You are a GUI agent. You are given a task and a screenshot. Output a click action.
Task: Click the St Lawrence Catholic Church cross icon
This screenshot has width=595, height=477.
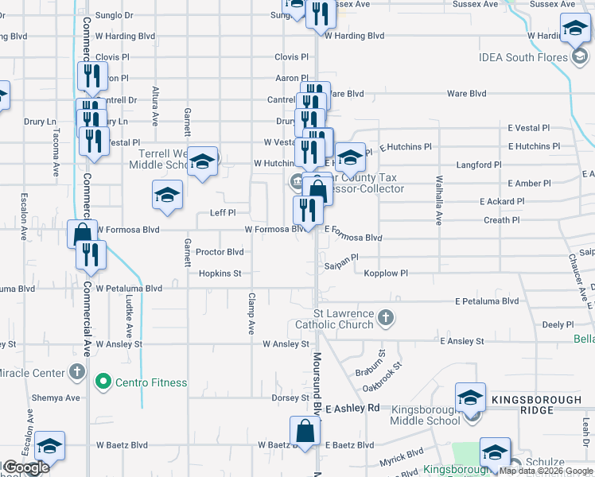pos(385,317)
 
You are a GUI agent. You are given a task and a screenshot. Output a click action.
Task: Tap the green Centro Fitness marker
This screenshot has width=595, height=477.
pos(103,382)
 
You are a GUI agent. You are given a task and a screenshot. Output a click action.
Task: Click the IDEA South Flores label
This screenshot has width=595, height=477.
pos(523,57)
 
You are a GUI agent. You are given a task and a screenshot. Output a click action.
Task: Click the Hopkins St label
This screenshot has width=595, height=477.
pos(220,273)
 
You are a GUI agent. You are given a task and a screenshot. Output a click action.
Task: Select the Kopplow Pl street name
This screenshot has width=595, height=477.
pos(386,273)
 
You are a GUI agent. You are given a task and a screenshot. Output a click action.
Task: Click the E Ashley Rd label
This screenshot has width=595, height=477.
pos(352,407)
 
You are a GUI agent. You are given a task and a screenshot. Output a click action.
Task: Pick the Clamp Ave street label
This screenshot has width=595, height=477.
pos(251,313)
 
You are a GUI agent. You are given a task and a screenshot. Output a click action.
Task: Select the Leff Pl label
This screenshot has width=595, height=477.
pos(223,213)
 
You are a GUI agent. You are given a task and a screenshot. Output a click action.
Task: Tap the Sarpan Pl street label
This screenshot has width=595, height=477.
pos(342,258)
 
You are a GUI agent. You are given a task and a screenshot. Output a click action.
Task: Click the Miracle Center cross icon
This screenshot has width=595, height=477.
pos(76,371)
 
